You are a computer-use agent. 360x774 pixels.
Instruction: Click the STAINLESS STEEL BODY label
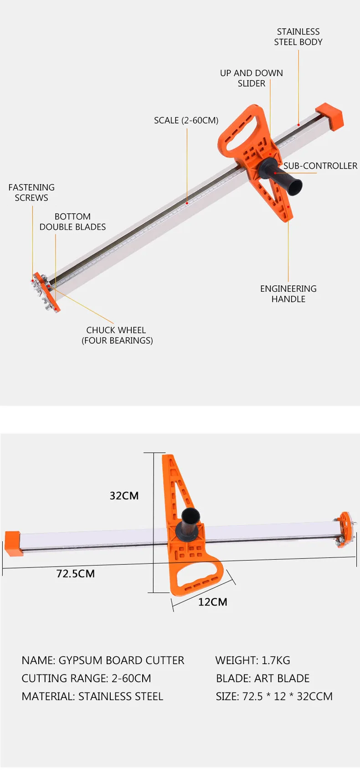298,37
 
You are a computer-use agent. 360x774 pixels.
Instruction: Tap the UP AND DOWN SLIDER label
251,78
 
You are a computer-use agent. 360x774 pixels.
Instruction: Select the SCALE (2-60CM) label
186,120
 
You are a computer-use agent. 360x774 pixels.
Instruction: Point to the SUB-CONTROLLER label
320,166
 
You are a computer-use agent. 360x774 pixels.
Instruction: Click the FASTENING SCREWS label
31,192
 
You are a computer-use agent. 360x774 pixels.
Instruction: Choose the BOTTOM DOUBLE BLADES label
72,222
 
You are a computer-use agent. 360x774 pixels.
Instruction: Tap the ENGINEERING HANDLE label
288,294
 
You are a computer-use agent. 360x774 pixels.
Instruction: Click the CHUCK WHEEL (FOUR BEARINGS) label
117,335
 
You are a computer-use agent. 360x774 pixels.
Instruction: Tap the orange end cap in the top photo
330,115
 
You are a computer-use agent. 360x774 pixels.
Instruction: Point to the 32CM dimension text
124,495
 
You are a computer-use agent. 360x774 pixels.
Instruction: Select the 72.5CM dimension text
76,573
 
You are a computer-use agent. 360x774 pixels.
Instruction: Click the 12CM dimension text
212,602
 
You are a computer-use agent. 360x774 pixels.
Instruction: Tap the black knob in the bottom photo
190,522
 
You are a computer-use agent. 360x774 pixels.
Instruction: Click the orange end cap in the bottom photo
13,543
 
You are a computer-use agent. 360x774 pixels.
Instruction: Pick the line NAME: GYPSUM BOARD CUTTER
103,660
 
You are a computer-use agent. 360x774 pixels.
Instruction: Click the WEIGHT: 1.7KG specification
252,660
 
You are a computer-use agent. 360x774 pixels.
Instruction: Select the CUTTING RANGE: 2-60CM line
86,678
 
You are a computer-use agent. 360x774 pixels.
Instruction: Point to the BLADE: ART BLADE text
262,678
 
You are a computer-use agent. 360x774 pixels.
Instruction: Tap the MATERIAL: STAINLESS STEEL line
92,697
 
